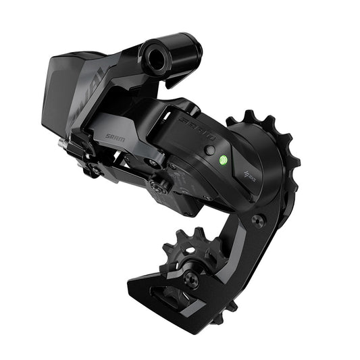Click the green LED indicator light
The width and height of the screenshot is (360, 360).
[223, 161]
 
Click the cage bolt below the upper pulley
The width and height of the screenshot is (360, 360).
[257, 220]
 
